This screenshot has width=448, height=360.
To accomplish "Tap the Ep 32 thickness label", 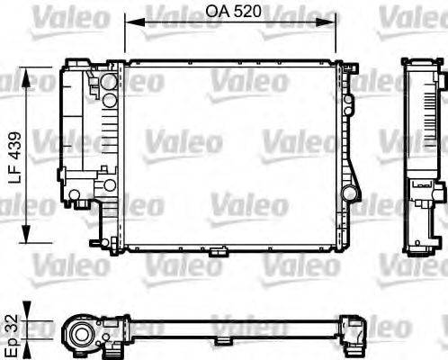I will click(x=12, y=328).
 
